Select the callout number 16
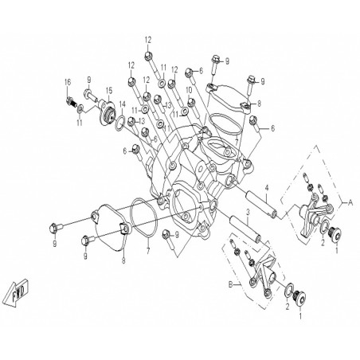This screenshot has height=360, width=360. [x=68, y=82]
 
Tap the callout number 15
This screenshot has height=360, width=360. [x=109, y=90]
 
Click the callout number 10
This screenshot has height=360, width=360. [x=189, y=90]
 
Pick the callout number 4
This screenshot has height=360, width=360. [x=267, y=188]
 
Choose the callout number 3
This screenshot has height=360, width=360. [x=248, y=212]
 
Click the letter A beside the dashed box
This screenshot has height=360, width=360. [x=350, y=202]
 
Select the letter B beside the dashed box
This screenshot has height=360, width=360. [x=231, y=285]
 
